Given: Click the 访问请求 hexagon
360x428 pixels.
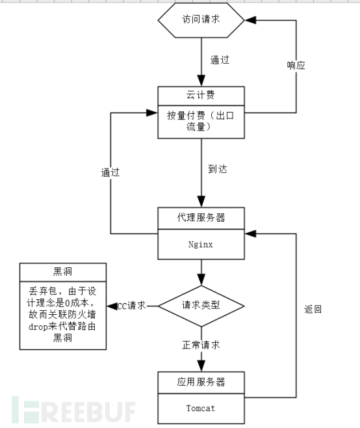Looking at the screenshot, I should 201,20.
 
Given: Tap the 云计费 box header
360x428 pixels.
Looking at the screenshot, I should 201,94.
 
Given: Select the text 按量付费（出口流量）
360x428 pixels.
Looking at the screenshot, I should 201,120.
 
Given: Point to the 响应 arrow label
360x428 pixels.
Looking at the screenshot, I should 296,65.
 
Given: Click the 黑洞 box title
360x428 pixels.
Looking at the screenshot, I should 62,271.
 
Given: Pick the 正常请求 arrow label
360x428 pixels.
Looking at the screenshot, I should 201,344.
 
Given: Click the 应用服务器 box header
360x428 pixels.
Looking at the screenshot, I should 201,381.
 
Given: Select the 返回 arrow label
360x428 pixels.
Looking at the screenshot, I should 313,310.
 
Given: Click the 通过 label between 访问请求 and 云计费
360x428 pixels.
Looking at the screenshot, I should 219,60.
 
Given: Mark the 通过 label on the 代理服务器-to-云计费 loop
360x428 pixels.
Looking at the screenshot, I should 110,173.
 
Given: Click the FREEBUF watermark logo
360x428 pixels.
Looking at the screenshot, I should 71,411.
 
